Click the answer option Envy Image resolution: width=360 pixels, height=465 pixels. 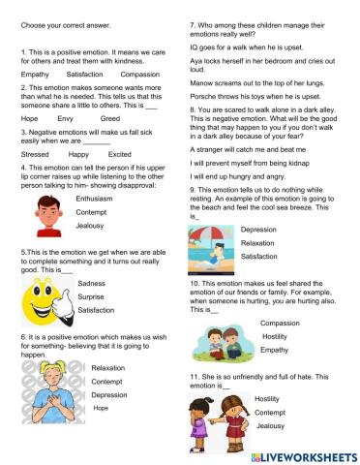(x=66, y=118)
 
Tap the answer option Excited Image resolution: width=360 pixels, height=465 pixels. (x=120, y=153)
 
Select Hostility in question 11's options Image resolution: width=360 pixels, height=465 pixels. (x=267, y=399)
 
